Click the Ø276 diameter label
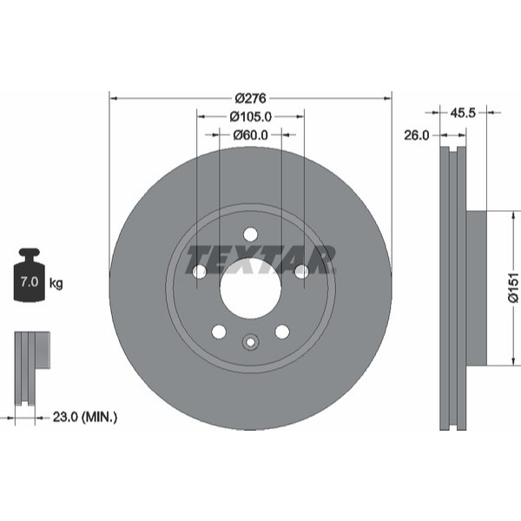point(251,98)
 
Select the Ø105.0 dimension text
point(251,116)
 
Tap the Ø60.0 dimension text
point(250,135)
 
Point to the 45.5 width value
point(463,113)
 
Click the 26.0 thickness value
point(416,135)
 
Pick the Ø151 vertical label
point(513,287)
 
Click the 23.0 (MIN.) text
point(85,417)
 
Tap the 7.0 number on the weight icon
point(30,281)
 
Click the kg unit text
point(56,283)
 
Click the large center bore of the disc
point(251,287)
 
